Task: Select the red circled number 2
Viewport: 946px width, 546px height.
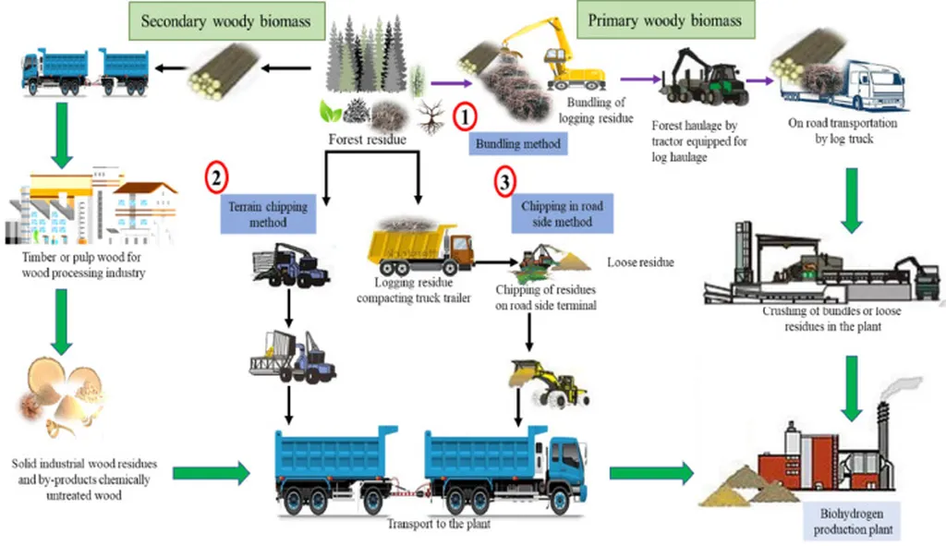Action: tap(215, 177)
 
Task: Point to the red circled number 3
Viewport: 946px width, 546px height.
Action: tap(504, 181)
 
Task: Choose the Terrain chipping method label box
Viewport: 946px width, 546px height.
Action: tap(268, 214)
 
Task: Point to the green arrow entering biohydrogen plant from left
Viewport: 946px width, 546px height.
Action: tap(650, 474)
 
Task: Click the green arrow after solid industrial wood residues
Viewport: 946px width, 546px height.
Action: tap(211, 474)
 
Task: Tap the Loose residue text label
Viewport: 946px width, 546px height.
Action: tap(640, 262)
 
